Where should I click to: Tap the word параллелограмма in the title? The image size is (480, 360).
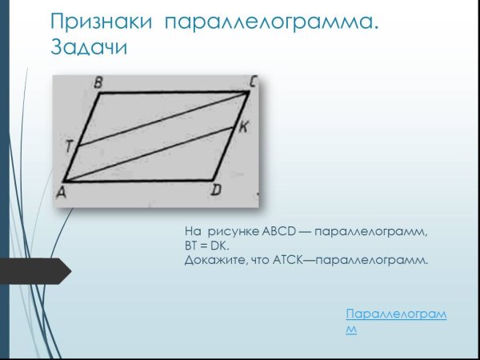pyautogui.click(x=270, y=23)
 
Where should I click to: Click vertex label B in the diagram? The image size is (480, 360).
pyautogui.click(x=98, y=82)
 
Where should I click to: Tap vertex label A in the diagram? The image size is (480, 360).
pyautogui.click(x=61, y=191)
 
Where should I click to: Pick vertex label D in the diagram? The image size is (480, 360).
pyautogui.click(x=215, y=190)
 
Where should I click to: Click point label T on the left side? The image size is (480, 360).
pyautogui.click(x=70, y=145)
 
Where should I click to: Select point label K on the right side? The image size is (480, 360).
pyautogui.click(x=243, y=126)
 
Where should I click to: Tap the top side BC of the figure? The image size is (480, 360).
pyautogui.click(x=172, y=93)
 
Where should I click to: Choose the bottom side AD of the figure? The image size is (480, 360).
pyautogui.click(x=140, y=181)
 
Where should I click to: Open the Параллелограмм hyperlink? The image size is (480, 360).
pyautogui.click(x=396, y=314)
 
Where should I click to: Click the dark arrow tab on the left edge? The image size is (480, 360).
pyautogui.click(x=36, y=271)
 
